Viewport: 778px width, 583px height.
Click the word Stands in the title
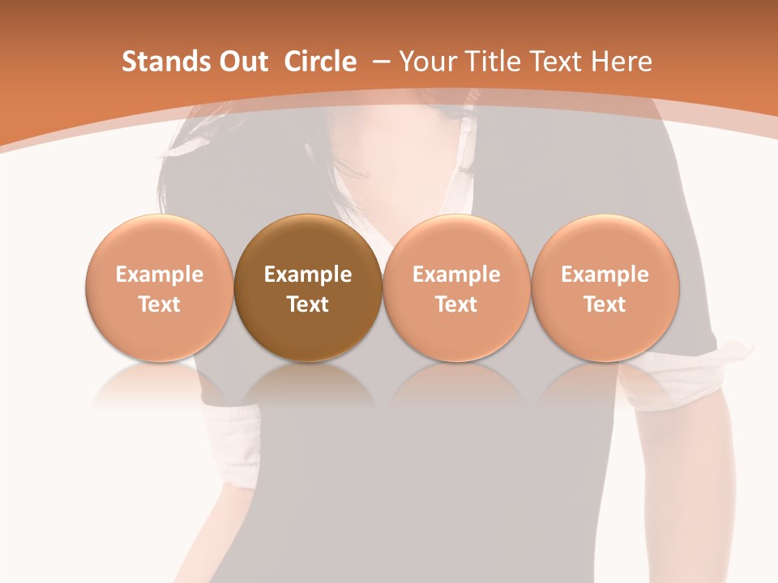click(x=160, y=62)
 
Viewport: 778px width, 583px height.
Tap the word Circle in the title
click(x=320, y=62)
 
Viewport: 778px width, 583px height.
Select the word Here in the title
click(x=622, y=62)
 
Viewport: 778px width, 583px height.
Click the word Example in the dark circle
click(x=308, y=274)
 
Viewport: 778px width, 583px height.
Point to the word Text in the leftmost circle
click(x=159, y=304)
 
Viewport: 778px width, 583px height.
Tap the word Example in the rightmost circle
click(x=605, y=274)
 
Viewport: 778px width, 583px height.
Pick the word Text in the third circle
click(x=456, y=304)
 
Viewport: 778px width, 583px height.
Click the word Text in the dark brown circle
click(x=308, y=304)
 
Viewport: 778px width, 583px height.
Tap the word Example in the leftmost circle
click(x=159, y=274)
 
